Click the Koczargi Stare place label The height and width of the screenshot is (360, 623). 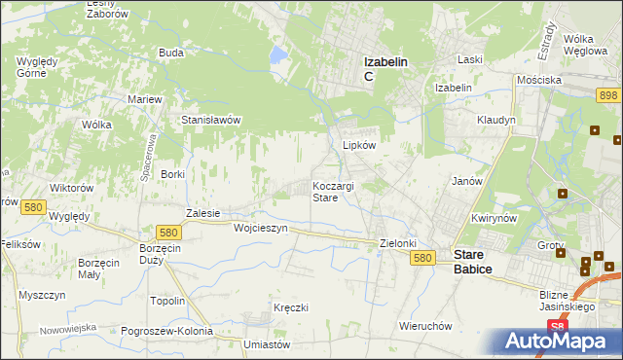pos(338,191)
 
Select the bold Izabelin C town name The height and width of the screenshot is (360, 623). pos(385,68)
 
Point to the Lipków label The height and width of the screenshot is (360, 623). pos(359,144)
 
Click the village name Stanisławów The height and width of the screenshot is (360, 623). pos(211,120)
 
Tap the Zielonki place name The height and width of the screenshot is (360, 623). pos(398,243)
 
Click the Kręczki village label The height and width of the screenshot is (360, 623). pos(290,307)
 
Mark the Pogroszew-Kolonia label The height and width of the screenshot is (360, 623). pos(167,331)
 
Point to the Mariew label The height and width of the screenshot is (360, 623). pos(144,99)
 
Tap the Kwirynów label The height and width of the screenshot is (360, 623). pos(493,218)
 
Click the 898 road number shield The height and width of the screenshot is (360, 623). pos(609,93)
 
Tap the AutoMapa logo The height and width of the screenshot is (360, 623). pos(561,342)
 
